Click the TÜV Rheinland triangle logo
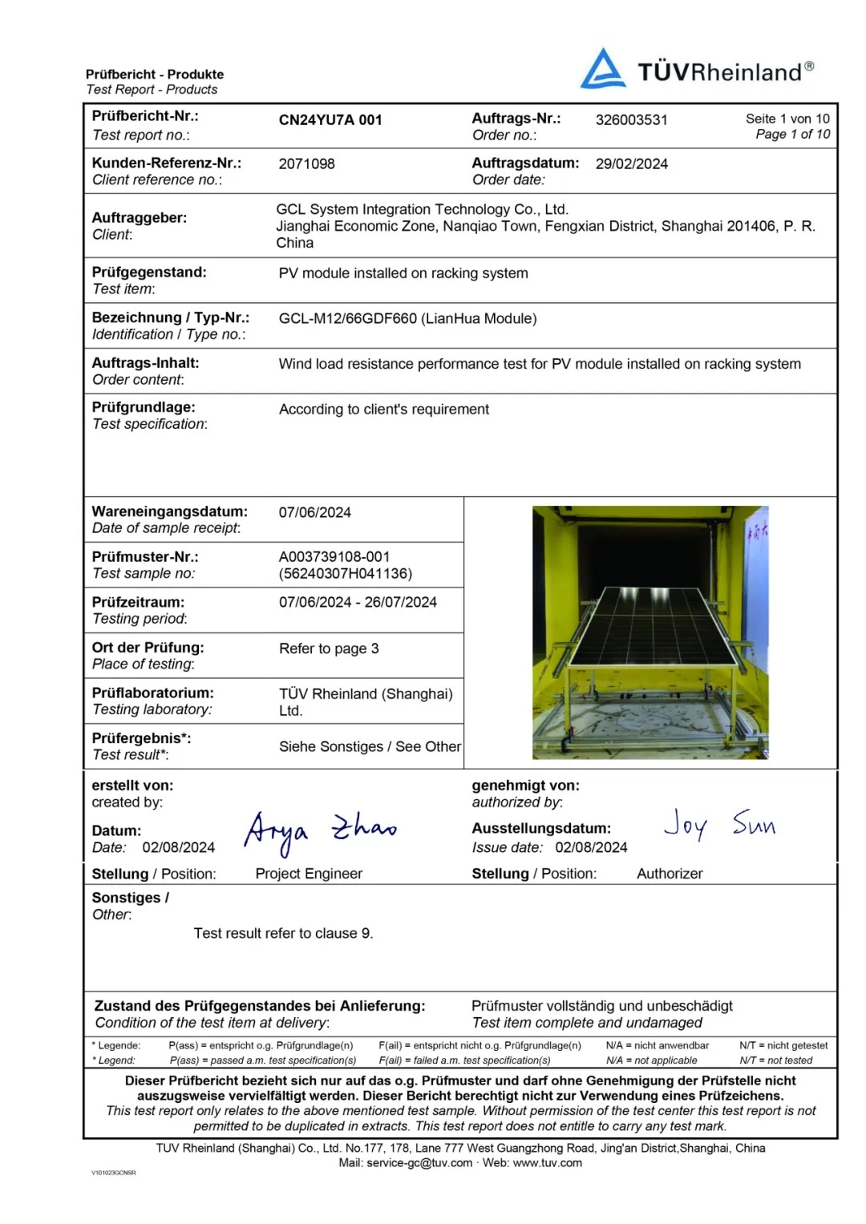point(603,69)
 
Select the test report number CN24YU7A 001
point(330,120)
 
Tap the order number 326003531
point(631,120)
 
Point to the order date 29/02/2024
point(631,164)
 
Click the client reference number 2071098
point(306,164)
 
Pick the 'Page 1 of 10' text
point(792,135)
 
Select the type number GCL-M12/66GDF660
point(348,319)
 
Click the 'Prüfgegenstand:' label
point(149,273)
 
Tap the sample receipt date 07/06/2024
point(314,513)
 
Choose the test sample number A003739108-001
point(334,557)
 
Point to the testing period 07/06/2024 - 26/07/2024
point(358,603)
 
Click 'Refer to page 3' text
point(329,648)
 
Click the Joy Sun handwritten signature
point(718,824)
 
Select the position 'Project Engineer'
point(309,874)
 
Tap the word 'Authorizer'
point(670,874)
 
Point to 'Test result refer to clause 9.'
point(283,934)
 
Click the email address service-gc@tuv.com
point(419,1163)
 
